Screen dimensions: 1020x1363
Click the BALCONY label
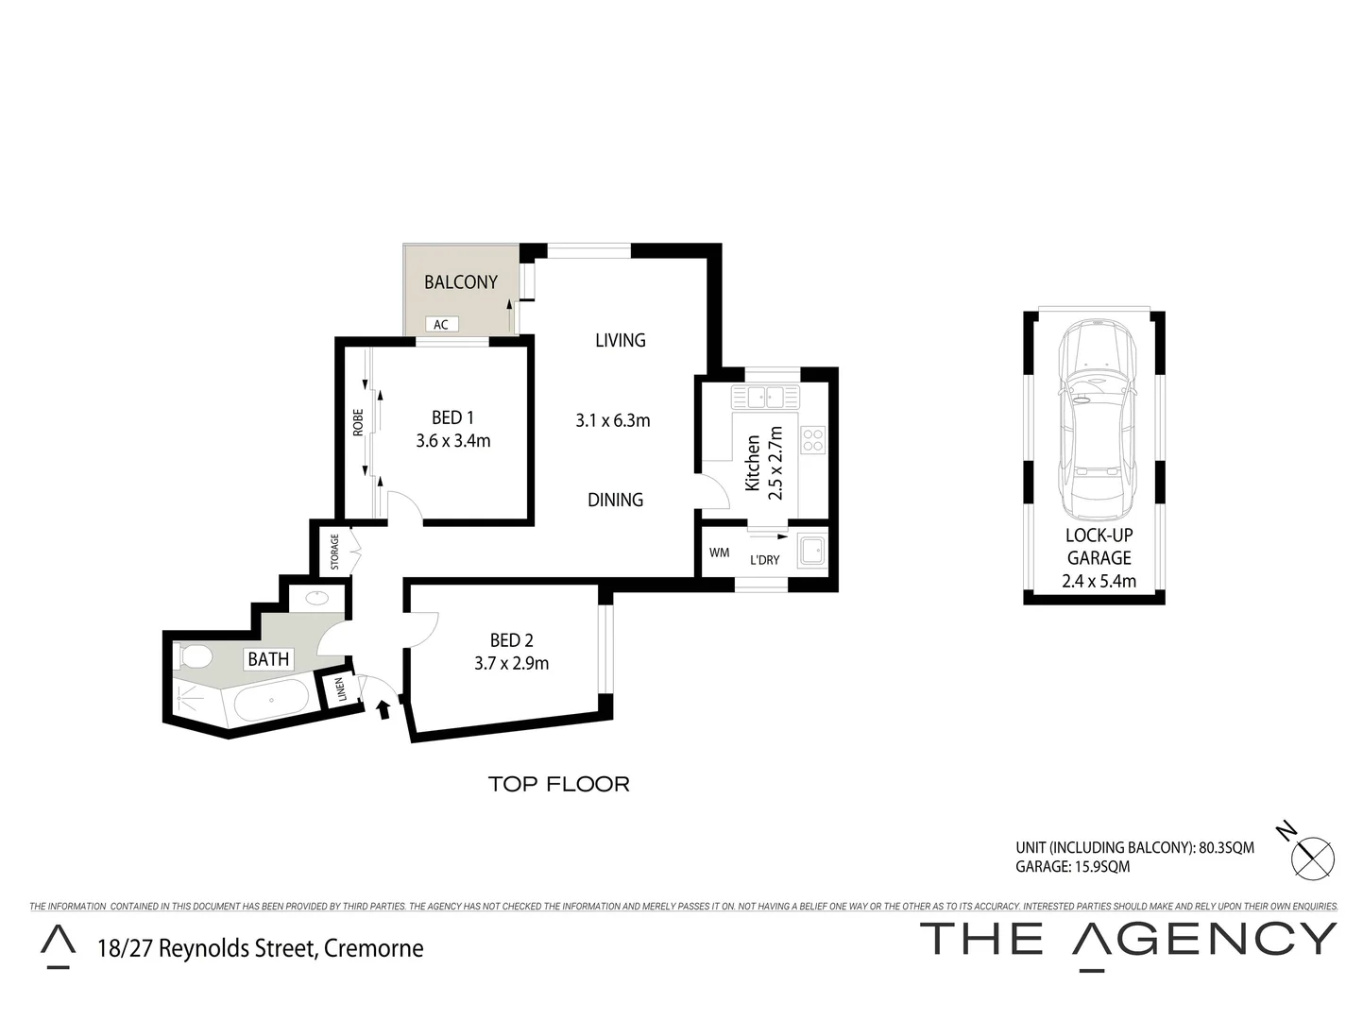pos(460,282)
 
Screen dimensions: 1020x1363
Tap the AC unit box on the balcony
pos(440,324)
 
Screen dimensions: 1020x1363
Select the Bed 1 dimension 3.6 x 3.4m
pos(452,440)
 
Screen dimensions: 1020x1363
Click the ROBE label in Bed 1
pos(358,422)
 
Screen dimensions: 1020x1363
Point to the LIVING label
pos(620,340)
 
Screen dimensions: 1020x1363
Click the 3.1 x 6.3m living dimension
pos(613,420)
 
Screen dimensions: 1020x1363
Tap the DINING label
pos(615,500)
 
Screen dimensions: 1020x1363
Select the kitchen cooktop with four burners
pos(812,439)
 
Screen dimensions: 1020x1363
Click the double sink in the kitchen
pos(766,395)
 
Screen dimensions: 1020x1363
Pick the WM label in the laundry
pos(719,552)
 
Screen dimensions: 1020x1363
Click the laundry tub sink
pos(810,552)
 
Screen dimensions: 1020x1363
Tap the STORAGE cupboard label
pos(334,552)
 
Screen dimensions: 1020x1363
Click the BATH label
pos(268,658)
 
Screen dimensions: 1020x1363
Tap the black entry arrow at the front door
pos(383,708)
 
